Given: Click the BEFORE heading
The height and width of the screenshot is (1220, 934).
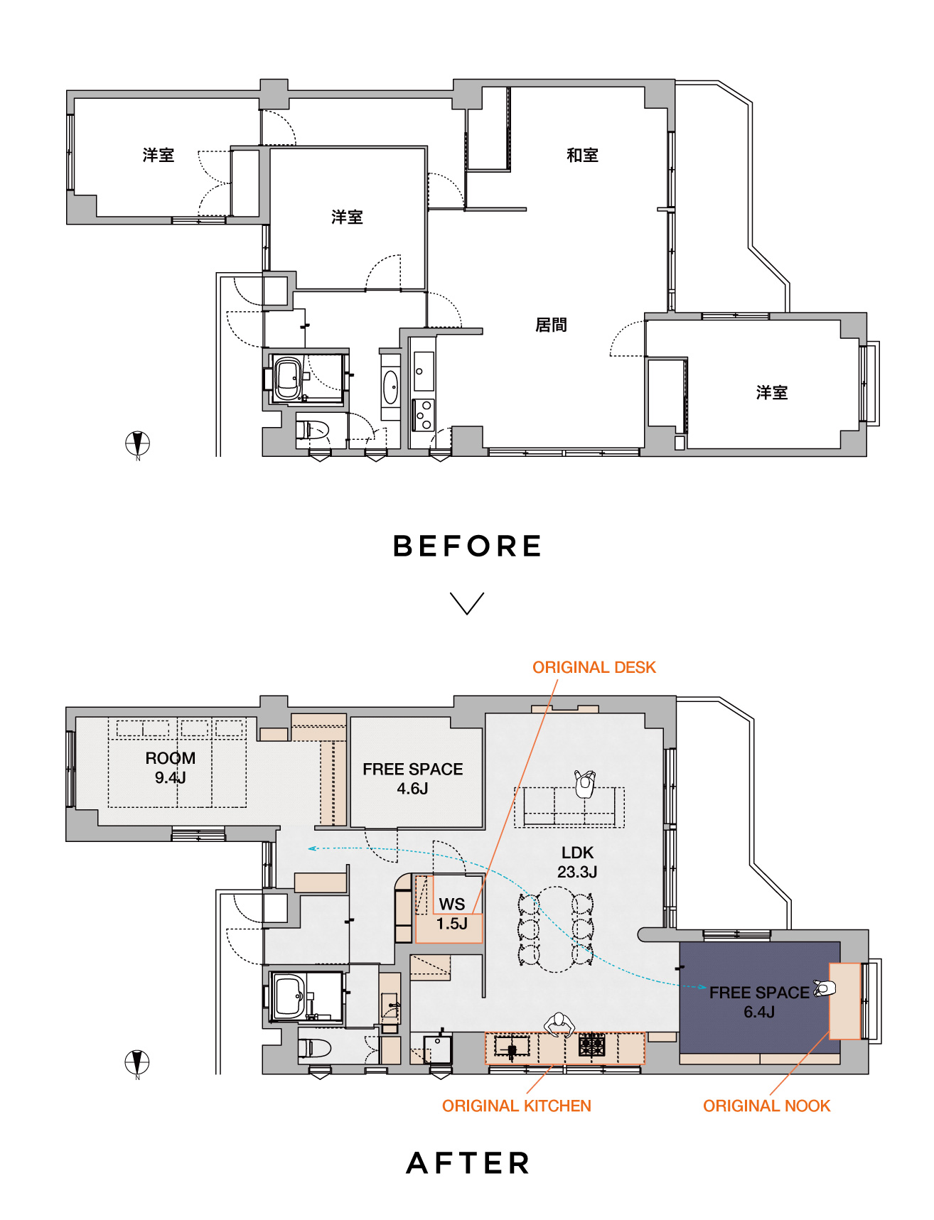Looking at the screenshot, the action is (467, 546).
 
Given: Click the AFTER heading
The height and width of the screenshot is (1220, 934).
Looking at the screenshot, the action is (468, 1163).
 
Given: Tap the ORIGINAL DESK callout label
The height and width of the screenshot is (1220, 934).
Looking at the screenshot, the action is (594, 667).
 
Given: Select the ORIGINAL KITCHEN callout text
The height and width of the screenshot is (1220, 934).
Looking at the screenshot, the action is (517, 1106).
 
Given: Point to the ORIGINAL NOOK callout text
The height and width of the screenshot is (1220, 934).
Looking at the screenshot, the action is (767, 1106).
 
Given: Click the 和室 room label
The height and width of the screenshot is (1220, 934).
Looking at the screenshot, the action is (582, 155).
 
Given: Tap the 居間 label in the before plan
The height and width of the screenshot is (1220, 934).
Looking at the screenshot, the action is (551, 325).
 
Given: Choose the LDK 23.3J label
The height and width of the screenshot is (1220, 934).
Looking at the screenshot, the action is (577, 862).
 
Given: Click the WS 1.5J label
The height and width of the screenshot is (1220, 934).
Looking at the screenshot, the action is (452, 914).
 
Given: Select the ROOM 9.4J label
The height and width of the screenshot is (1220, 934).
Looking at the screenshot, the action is (171, 767).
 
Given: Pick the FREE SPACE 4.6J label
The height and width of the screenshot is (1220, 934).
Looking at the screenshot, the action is (413, 779).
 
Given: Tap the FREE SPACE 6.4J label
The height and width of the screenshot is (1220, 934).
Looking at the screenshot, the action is (759, 1002).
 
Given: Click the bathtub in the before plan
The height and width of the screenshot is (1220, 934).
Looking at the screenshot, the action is (289, 380).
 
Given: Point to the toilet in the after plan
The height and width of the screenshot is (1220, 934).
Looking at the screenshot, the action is (314, 1047).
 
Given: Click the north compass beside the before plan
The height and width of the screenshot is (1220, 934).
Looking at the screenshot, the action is (138, 445).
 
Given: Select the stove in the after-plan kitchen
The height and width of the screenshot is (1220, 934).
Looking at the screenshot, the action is (591, 1045).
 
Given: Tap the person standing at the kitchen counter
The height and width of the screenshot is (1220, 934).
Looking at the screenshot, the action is (559, 1025).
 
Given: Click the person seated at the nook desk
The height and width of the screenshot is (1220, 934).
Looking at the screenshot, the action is (825, 988).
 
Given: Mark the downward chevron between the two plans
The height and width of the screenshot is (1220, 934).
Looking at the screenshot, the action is (467, 603).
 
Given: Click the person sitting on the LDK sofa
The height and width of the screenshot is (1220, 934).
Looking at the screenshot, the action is (585, 784).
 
